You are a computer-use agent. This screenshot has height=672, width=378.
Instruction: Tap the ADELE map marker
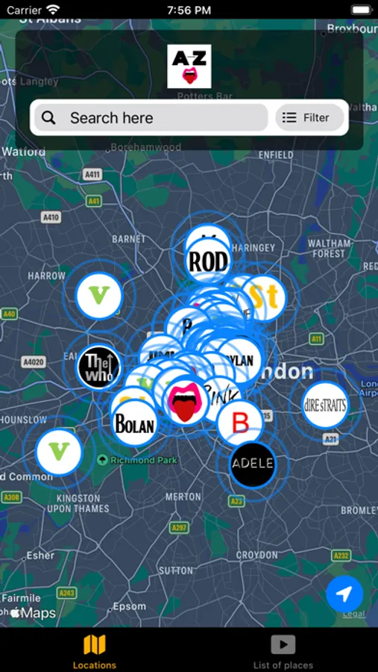253,464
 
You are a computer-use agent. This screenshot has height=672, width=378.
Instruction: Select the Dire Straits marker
325,405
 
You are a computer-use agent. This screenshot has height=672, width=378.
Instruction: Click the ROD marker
208,261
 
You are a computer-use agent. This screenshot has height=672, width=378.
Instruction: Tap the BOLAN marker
134,424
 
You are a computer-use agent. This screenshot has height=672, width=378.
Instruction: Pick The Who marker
98,367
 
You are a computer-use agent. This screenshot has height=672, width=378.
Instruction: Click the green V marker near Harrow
98,296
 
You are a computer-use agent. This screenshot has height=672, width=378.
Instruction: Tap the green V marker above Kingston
59,452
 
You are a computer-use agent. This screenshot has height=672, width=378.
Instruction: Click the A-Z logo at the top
189,66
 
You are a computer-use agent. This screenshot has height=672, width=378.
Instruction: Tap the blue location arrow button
344,594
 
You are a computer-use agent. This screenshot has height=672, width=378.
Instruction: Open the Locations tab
95,651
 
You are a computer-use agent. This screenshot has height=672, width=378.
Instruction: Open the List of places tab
283,651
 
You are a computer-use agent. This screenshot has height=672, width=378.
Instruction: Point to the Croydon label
256,556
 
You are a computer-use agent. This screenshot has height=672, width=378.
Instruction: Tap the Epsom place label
130,606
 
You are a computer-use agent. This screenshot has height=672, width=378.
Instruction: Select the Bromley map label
359,510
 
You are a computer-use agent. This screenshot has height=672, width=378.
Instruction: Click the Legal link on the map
353,614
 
